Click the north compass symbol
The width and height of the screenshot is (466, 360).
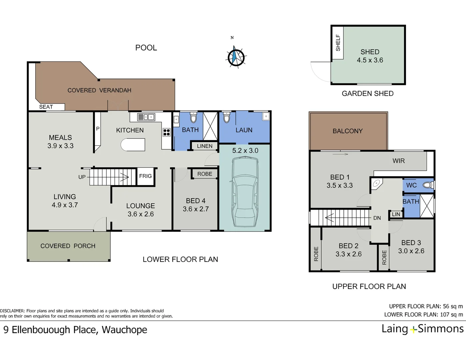click(236, 57)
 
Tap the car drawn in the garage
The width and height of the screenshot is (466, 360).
click(245, 192)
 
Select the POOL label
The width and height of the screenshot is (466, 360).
click(146, 48)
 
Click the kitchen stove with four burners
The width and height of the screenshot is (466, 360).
click(167, 132)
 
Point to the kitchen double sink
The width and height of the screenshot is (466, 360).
click(146, 117)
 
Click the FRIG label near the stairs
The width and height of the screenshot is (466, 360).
click(145, 176)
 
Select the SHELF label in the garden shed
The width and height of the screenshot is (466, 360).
click(338, 43)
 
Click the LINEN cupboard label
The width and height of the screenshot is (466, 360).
click(205, 146)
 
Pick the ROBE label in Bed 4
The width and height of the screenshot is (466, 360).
click(205, 174)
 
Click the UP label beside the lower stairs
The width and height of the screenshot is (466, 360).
click(82, 177)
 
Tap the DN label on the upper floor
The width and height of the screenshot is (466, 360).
click(377, 218)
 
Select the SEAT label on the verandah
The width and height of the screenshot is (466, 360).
click(46, 107)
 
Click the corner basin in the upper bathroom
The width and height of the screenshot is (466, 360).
click(376, 183)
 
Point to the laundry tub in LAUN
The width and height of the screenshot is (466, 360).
click(266, 116)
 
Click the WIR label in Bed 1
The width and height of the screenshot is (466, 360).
click(399, 161)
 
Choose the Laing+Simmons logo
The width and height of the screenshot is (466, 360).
click(422, 329)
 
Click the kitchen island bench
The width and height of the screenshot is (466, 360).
click(133, 145)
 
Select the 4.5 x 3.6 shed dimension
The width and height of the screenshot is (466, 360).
click(370, 60)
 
